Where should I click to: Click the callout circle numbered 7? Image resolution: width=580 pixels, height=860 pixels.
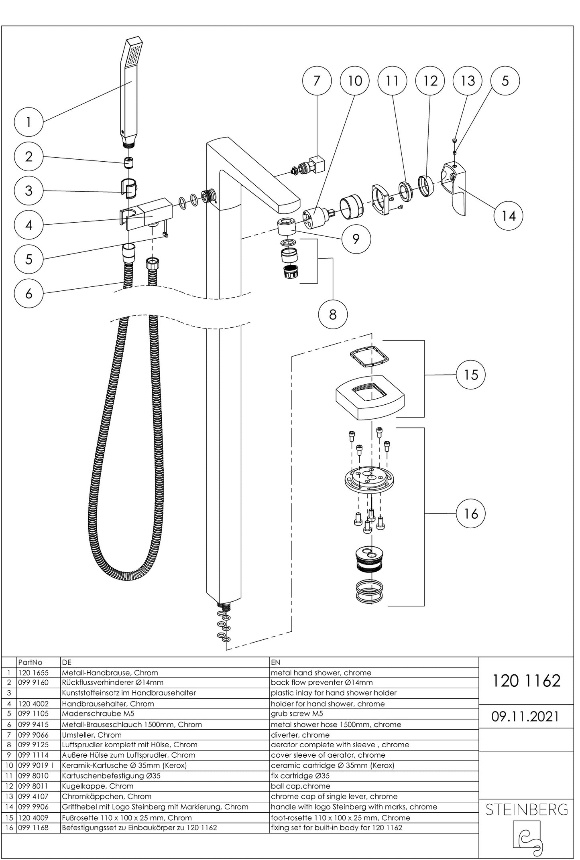pos(317,81)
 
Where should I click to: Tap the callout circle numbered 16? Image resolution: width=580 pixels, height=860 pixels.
pos(471,513)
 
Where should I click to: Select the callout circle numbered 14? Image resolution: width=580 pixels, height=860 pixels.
pos(508,216)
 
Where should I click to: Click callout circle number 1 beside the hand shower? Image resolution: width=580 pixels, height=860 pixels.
pos(28,122)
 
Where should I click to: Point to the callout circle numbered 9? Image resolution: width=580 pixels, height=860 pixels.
pos(356,239)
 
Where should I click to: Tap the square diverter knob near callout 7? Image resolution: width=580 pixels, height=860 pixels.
pos(319,164)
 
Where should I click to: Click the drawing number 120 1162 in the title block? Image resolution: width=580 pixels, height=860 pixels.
pos(526,681)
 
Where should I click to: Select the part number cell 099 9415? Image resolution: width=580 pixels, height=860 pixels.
pos(34,724)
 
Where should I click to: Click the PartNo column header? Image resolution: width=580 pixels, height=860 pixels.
pos(30,662)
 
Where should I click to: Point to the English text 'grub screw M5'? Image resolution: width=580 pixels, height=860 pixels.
pos(297,714)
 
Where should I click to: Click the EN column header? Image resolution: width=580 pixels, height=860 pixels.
pos(276,662)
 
